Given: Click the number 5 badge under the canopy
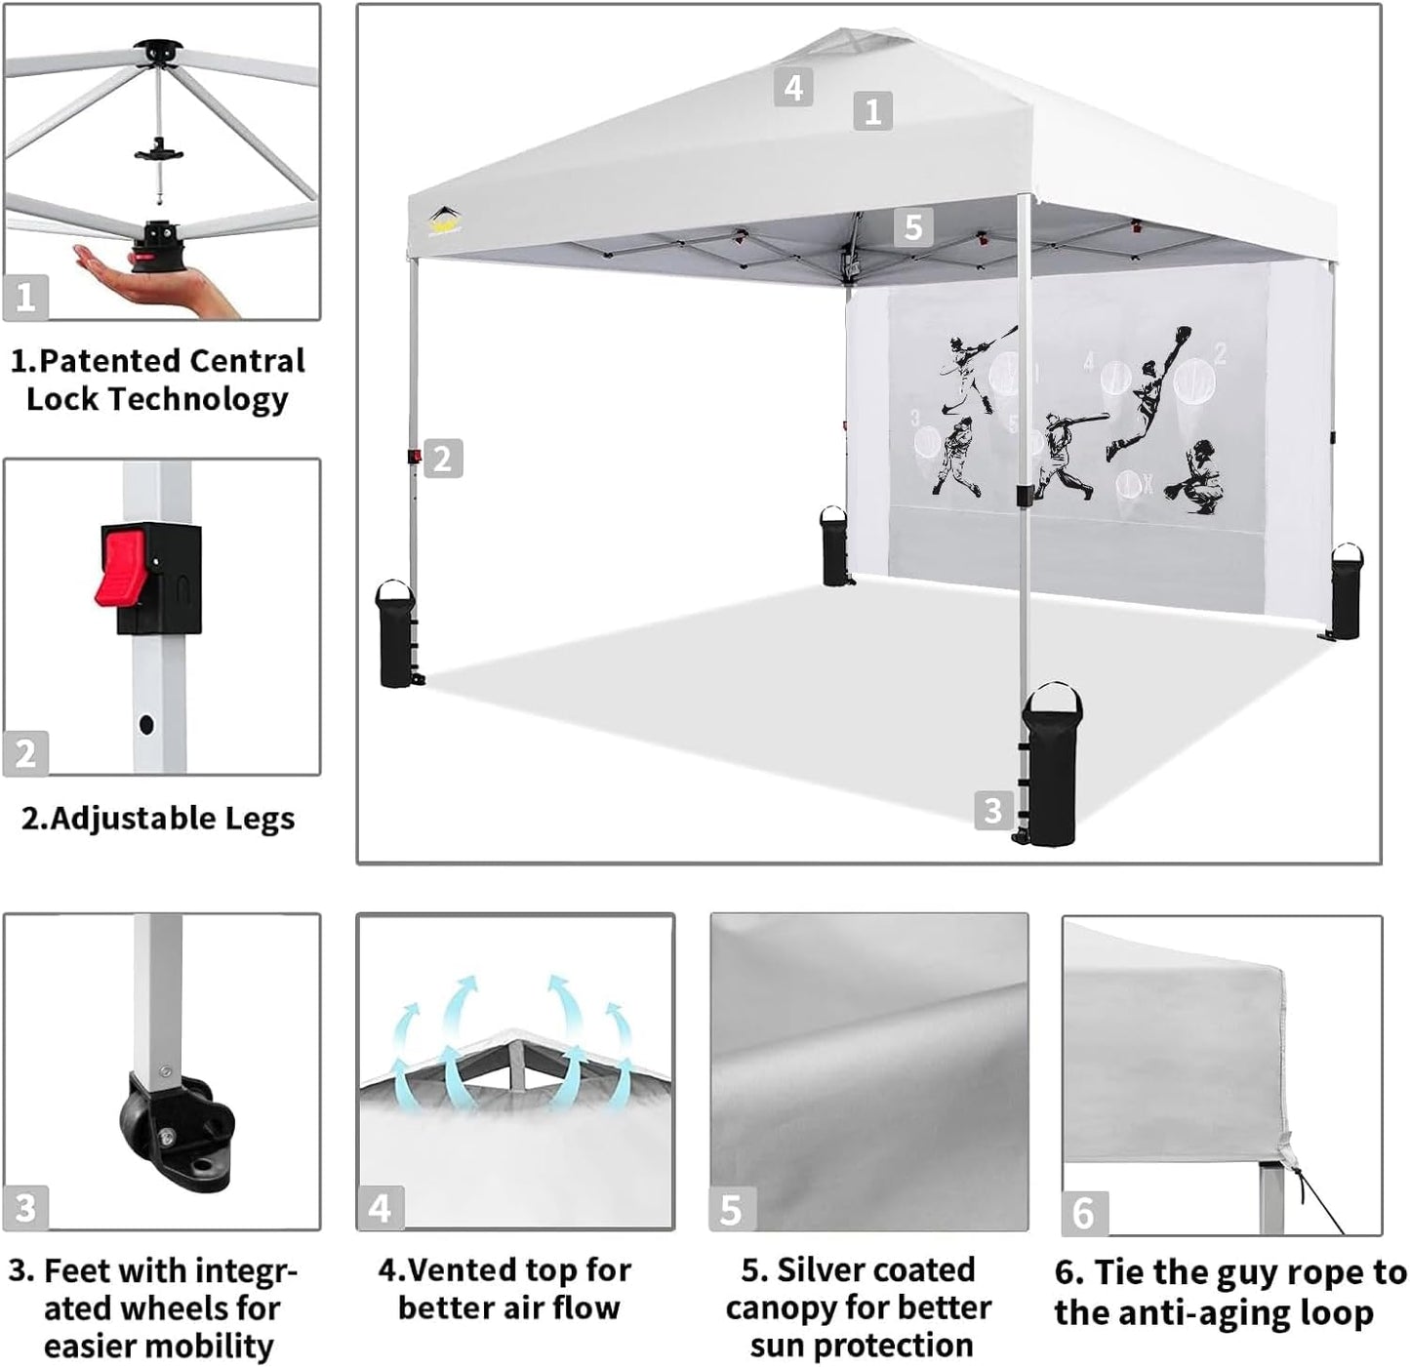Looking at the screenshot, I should [912, 227].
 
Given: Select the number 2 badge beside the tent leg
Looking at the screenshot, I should [442, 459].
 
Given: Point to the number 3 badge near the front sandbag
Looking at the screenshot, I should [992, 810].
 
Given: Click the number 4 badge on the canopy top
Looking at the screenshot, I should [793, 88].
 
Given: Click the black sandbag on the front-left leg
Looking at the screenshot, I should [395, 636].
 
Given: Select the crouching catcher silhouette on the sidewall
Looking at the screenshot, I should [1198, 478].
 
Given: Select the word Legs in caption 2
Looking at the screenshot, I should [259, 819].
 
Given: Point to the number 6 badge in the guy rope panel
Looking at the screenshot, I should [1083, 1213].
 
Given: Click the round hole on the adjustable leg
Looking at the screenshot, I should [146, 725].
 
